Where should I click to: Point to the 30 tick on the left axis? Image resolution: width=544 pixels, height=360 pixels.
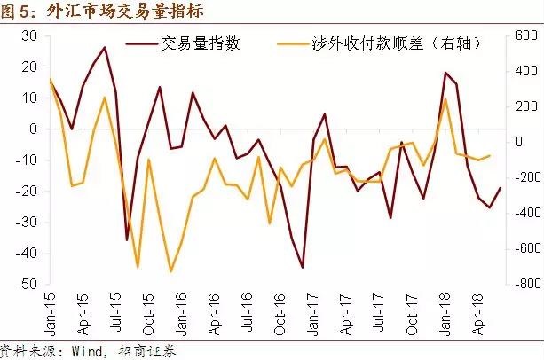click(29, 35)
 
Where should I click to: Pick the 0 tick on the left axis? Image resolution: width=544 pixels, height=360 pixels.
click(33, 129)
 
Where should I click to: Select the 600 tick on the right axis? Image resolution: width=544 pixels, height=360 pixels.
click(519, 35)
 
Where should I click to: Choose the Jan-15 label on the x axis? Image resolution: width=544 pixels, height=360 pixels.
click(50, 312)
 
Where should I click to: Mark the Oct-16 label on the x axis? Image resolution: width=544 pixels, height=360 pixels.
click(281, 312)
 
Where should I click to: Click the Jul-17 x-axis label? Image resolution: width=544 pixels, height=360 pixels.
click(380, 312)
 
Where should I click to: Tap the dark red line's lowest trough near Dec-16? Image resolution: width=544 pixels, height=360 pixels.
click(303, 267)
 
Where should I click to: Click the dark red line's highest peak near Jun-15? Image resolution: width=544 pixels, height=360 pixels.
click(105, 47)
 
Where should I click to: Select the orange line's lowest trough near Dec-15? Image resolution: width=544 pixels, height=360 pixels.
click(170, 271)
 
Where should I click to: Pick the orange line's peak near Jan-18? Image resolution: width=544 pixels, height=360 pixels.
click(445, 98)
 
